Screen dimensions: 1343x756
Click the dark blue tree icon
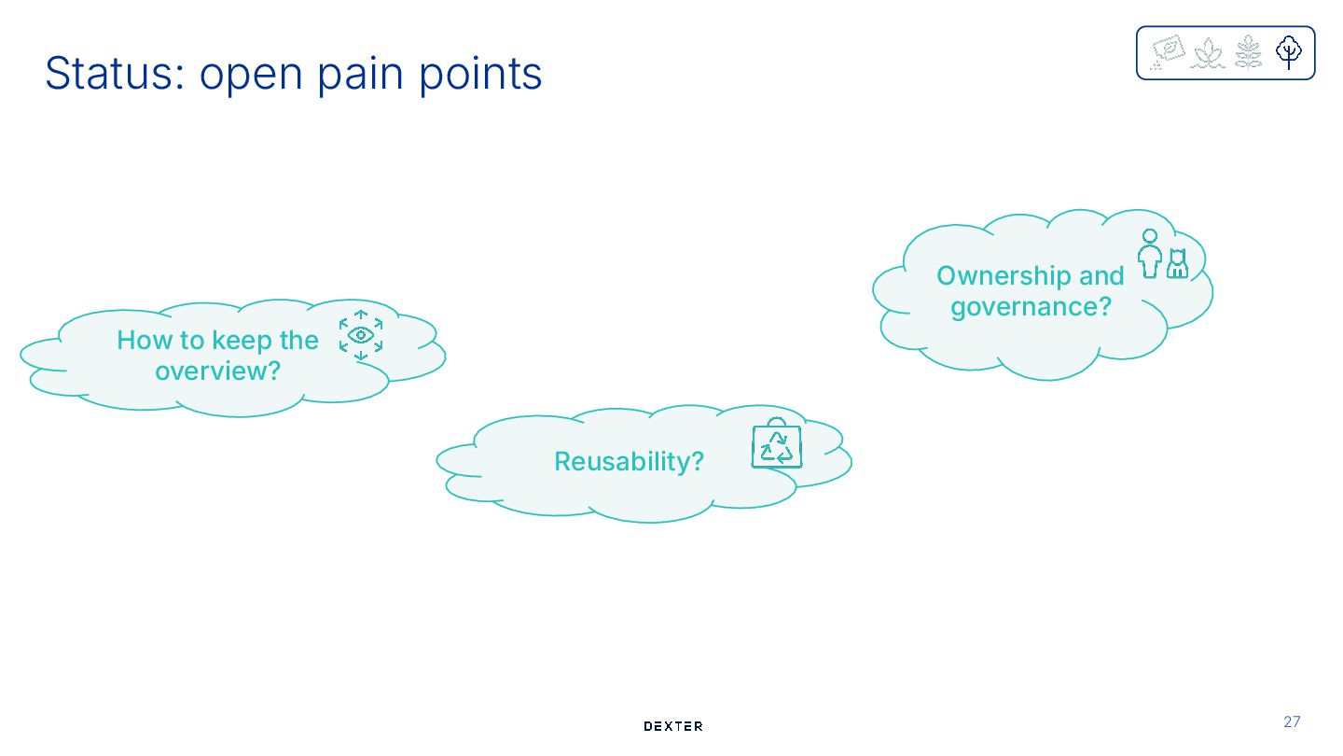(x=1289, y=52)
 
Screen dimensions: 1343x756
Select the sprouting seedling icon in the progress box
(x=1208, y=53)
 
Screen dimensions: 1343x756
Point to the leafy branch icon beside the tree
(x=1248, y=52)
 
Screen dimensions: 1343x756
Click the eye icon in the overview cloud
(x=361, y=335)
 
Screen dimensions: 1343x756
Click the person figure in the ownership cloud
(x=1150, y=254)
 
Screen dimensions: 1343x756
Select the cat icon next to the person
(x=1178, y=263)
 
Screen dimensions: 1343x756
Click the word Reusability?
(x=629, y=461)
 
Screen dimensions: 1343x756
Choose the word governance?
(x=1031, y=306)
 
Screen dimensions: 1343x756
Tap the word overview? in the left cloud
(x=217, y=371)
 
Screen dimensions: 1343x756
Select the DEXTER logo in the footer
(x=673, y=726)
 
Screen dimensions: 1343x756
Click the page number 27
(x=1292, y=721)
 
